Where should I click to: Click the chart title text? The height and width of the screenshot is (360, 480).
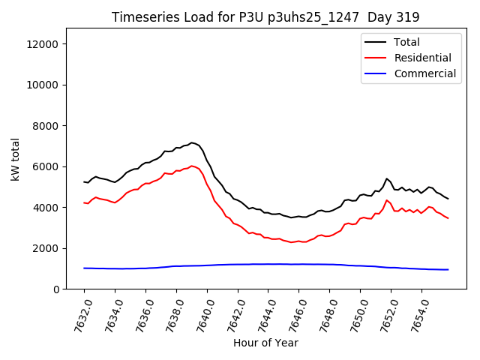pos(265,16)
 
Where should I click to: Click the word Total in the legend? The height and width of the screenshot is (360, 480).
pos(406,42)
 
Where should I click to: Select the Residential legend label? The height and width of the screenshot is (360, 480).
pos(422,58)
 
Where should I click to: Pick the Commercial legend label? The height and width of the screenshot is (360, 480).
pos(424,73)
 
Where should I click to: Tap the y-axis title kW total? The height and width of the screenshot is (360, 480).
pos(15,159)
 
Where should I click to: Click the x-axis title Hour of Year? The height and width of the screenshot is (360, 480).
pos(265,343)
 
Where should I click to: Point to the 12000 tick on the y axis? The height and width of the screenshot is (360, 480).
pos(42,44)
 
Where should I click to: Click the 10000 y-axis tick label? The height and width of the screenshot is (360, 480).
pos(42,85)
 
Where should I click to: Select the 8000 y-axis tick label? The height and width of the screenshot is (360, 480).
pos(45,126)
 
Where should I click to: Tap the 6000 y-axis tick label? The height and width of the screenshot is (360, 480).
pos(45,167)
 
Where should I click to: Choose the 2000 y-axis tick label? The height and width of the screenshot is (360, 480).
pos(45,248)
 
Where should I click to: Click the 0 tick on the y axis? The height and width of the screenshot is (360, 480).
pos(56,289)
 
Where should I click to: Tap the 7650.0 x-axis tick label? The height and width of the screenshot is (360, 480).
pos(352,314)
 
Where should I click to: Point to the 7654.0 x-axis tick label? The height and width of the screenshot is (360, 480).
pos(414,314)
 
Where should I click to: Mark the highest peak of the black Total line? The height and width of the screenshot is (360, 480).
pos(192,142)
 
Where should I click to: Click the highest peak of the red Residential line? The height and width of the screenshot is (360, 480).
pos(192,166)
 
